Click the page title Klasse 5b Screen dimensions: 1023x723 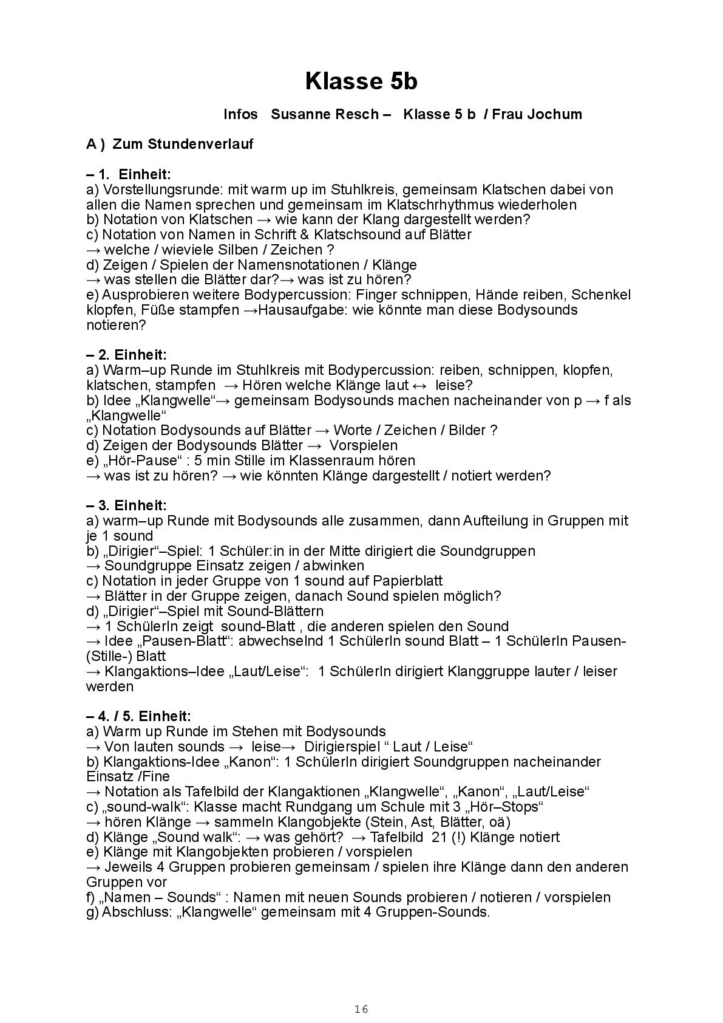point(361,81)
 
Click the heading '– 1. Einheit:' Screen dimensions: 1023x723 point(129,174)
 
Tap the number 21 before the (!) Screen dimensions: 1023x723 point(439,837)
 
